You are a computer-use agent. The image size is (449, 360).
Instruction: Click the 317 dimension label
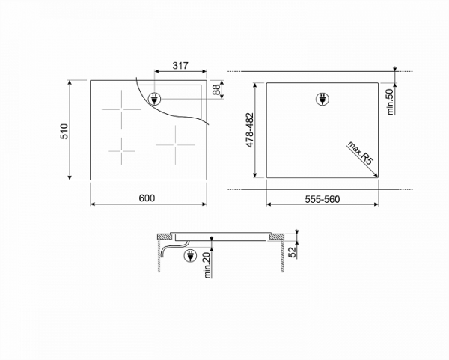[180, 66]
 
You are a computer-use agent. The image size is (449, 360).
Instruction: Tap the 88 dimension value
[217, 90]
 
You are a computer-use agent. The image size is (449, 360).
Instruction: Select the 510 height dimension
[64, 132]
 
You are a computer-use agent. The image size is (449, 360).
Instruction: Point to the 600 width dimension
[147, 198]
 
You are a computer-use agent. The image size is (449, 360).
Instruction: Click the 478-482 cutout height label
[250, 130]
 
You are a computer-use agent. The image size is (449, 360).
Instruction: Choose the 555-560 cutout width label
[323, 199]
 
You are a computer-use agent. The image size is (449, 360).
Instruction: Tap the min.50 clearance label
[390, 102]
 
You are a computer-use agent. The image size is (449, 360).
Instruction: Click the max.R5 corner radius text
[360, 153]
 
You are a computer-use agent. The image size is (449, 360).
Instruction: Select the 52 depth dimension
[293, 252]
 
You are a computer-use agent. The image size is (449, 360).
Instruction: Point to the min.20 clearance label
[207, 266]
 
